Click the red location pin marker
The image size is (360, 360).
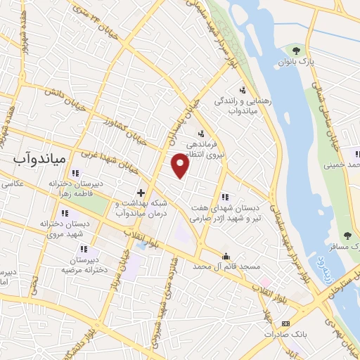coord(181,166)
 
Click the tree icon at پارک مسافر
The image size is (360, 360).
coord(346,236)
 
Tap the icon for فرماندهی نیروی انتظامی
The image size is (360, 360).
coord(201,134)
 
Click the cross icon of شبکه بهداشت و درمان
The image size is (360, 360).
coord(141,192)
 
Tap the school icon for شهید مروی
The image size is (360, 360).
coord(65,213)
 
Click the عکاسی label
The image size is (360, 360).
coord(13,184)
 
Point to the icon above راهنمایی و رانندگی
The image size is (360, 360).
coord(242,89)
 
